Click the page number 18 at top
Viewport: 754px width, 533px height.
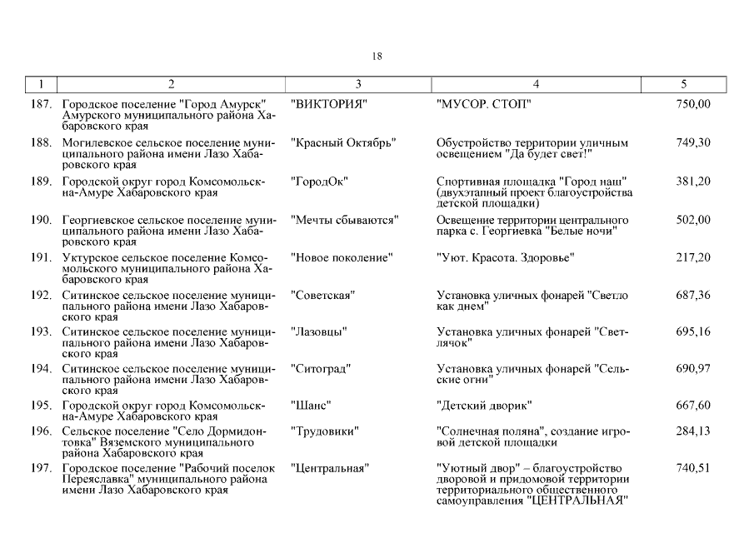click(x=377, y=57)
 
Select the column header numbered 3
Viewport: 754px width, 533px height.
click(x=358, y=83)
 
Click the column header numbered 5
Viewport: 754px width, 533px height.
click(x=683, y=83)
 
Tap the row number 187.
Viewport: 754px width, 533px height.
click(x=42, y=104)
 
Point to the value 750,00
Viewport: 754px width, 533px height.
click(x=693, y=104)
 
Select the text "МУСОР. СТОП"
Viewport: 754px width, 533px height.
click(x=483, y=104)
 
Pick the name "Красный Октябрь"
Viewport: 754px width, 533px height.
click(x=342, y=142)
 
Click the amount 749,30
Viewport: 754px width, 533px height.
click(x=693, y=142)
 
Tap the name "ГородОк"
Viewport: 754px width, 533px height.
click(x=319, y=182)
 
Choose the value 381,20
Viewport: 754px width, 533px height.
click(x=693, y=182)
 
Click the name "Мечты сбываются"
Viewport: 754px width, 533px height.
click(x=344, y=220)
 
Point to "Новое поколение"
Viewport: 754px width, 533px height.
click(x=341, y=258)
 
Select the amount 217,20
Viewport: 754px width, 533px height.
click(x=693, y=258)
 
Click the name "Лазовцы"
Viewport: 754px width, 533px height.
click(x=319, y=331)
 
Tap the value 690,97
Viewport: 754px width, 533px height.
click(x=693, y=368)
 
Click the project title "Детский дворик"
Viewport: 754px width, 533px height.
click(x=484, y=406)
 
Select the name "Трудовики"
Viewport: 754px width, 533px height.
click(x=324, y=431)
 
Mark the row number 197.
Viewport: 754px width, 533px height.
click(x=42, y=469)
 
